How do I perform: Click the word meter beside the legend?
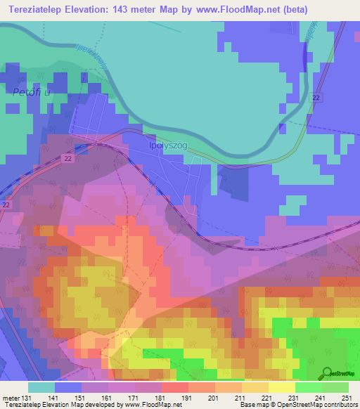[10, 398]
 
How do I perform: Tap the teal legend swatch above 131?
[41, 387]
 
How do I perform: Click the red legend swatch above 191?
[174, 387]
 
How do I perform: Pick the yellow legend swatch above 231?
[281, 387]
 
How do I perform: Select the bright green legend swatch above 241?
[308, 387]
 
